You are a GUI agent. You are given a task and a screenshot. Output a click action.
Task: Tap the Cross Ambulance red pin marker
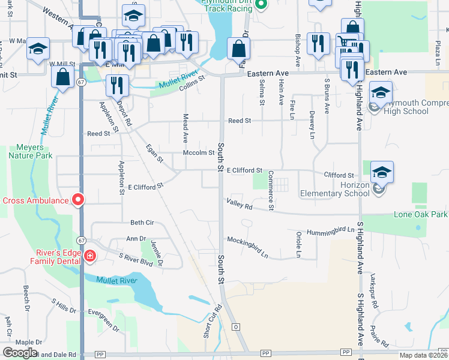tap(78, 200)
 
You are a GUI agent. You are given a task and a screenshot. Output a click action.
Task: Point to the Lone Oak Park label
tap(420, 214)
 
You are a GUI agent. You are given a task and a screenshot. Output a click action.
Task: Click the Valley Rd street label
tap(240, 205)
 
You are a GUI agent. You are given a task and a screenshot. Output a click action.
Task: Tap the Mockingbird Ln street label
tap(247, 247)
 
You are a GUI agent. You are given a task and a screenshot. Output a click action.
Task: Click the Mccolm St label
tap(198, 152)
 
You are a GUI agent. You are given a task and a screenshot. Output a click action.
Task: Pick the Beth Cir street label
tap(142, 223)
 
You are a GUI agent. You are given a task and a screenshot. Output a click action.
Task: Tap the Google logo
tap(19, 353)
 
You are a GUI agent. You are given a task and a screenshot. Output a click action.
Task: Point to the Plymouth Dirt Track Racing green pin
tap(261, 5)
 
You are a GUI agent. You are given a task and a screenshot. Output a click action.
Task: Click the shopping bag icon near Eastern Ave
tap(238, 49)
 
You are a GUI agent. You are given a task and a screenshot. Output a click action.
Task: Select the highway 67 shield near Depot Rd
tap(81, 82)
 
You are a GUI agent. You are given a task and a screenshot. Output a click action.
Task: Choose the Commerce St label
tap(271, 191)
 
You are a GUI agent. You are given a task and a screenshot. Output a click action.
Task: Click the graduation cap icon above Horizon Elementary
tap(382, 173)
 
